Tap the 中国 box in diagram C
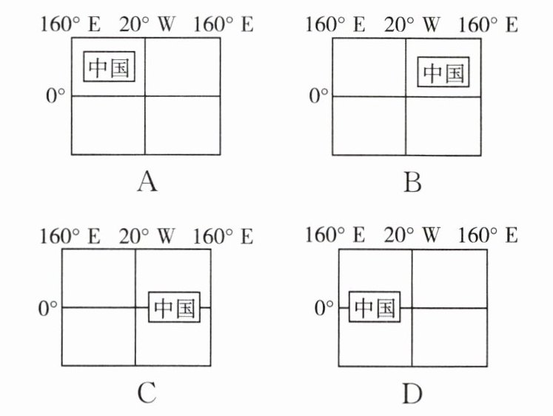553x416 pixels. pyautogui.click(x=175, y=306)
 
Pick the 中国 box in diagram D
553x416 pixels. pyautogui.click(x=374, y=307)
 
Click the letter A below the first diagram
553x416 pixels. pyautogui.click(x=147, y=181)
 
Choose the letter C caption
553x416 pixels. pyautogui.click(x=147, y=392)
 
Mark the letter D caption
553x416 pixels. pyautogui.click(x=412, y=392)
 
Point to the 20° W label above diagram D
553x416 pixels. pyautogui.click(x=412, y=236)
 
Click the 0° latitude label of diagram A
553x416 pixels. pyautogui.click(x=56, y=95)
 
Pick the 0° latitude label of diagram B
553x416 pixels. pyautogui.click(x=318, y=95)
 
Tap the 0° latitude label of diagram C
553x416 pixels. pyautogui.click(x=47, y=306)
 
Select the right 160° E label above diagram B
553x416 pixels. pyautogui.click(x=488, y=24)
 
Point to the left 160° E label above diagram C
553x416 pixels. pyautogui.click(x=70, y=237)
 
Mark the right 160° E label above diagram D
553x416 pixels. pyautogui.click(x=488, y=236)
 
